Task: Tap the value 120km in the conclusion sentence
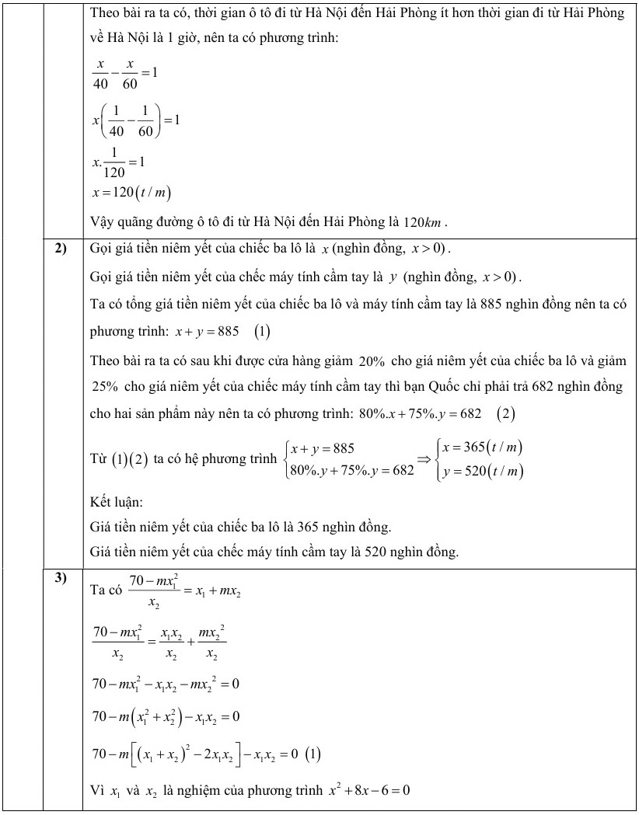pyautogui.click(x=426, y=223)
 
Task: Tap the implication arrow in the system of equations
pyautogui.click(x=425, y=459)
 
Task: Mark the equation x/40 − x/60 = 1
pyautogui.click(x=124, y=75)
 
